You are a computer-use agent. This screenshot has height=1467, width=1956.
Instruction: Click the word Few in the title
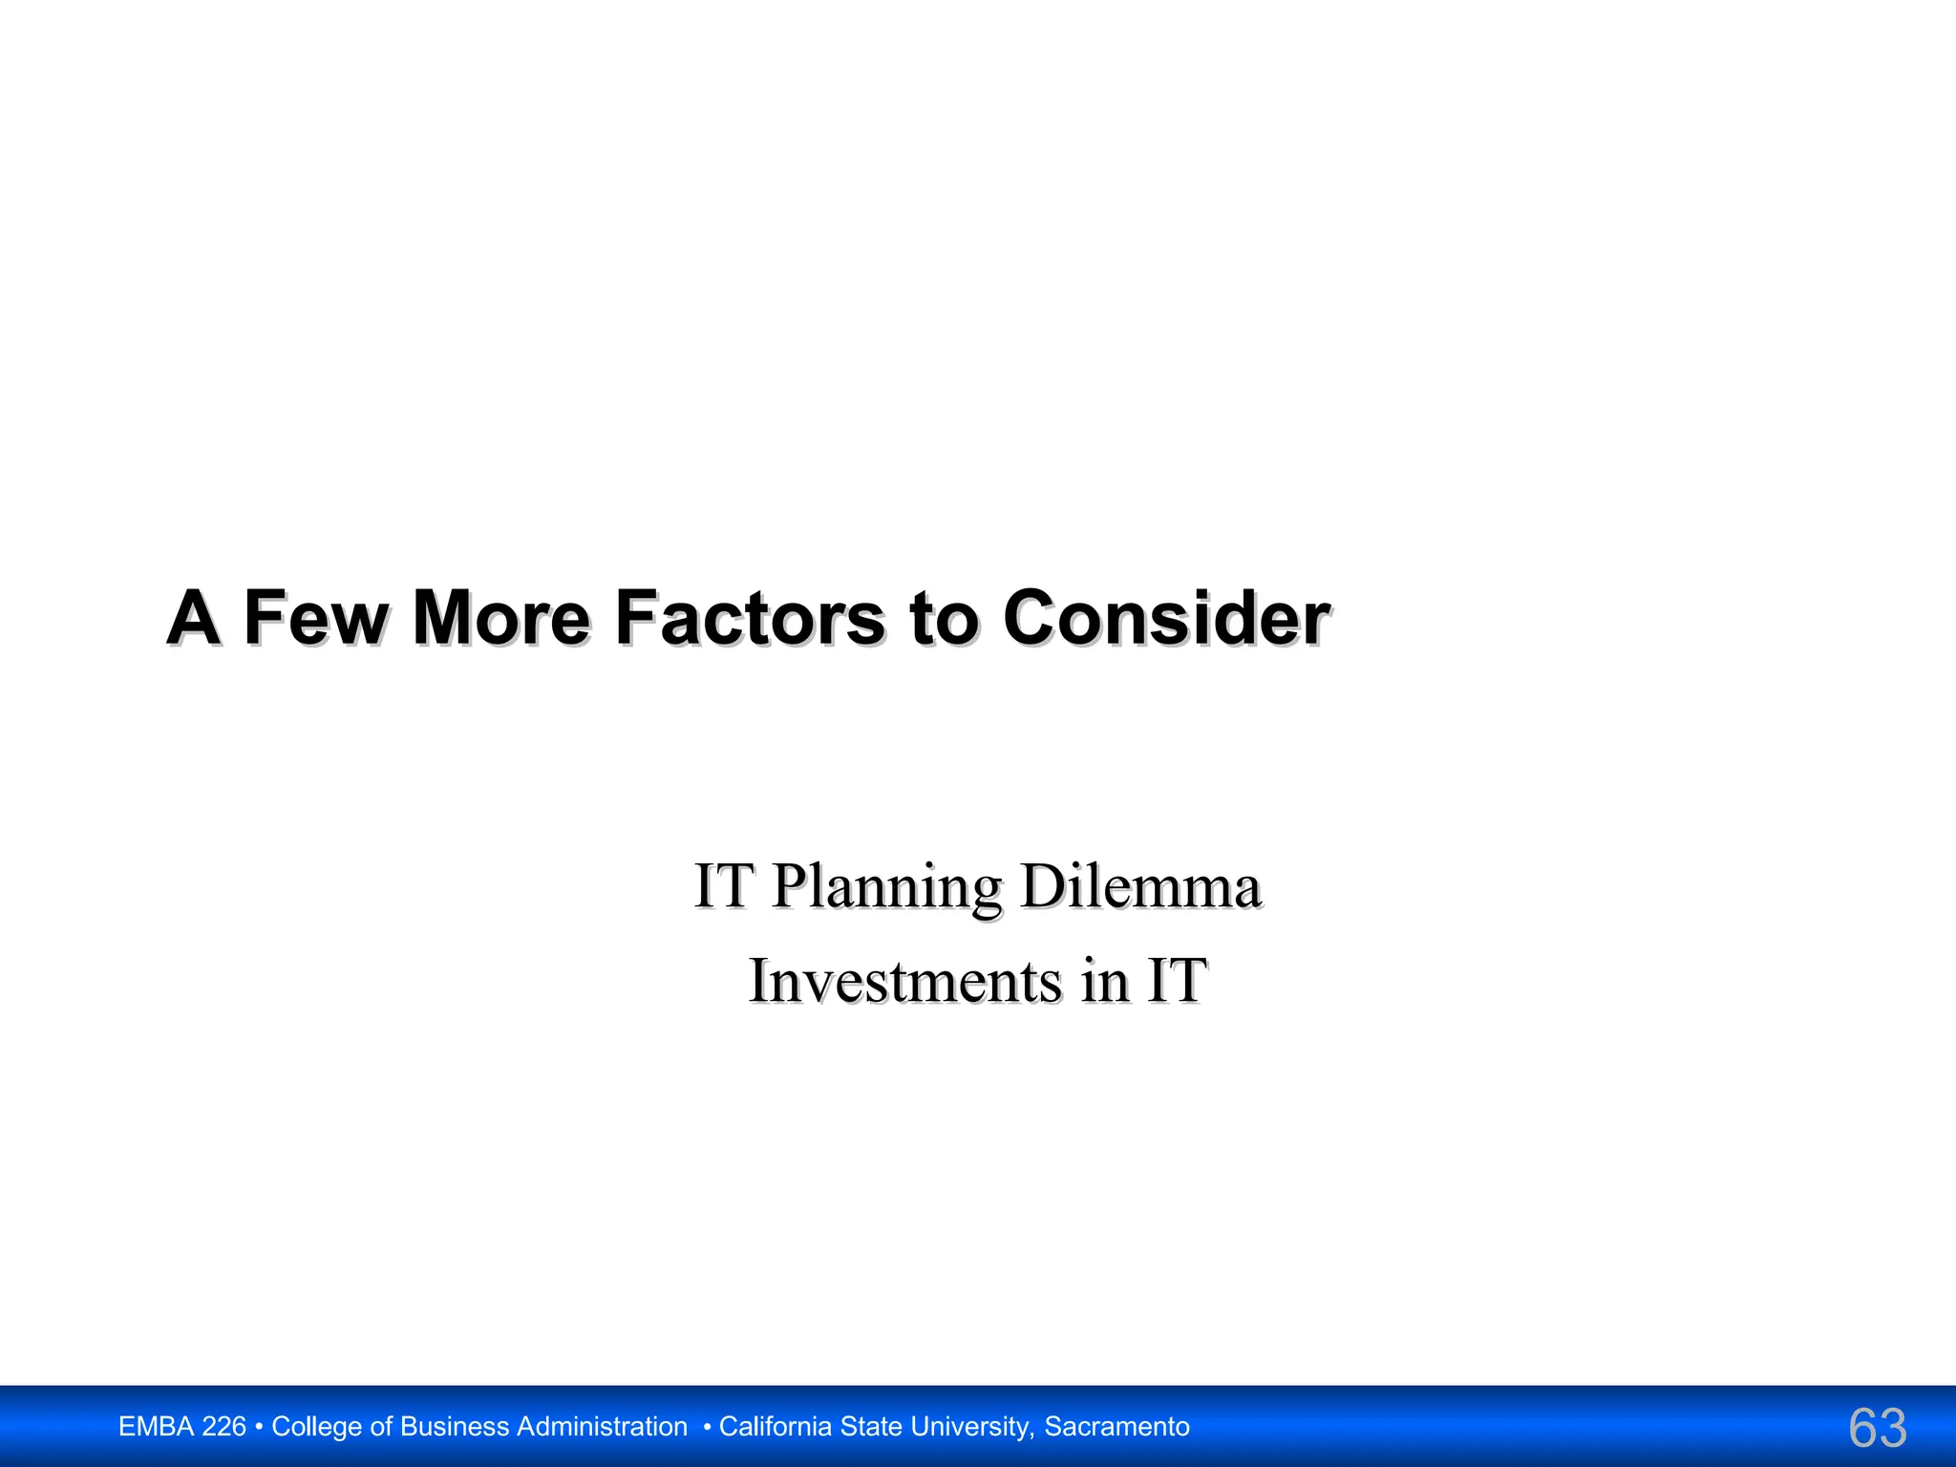tap(315, 618)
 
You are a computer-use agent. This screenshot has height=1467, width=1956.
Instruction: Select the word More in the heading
tap(501, 618)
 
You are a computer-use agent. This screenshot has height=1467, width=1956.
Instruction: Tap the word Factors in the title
tap(750, 618)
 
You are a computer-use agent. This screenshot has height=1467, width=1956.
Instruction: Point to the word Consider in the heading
tap(1166, 618)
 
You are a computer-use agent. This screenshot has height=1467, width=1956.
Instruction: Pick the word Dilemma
tap(1140, 885)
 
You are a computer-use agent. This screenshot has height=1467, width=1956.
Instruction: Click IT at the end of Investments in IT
tap(1177, 981)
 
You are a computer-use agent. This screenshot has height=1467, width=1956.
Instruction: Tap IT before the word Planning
tap(722, 885)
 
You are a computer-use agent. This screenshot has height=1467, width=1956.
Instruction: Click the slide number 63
tap(1878, 1428)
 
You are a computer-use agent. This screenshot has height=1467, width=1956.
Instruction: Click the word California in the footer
tap(776, 1427)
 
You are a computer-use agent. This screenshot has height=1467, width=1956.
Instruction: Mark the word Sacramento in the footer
tap(1116, 1427)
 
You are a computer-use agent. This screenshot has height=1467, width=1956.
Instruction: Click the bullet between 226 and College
tap(260, 1427)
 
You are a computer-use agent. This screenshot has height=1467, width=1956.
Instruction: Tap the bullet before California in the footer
tap(707, 1427)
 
